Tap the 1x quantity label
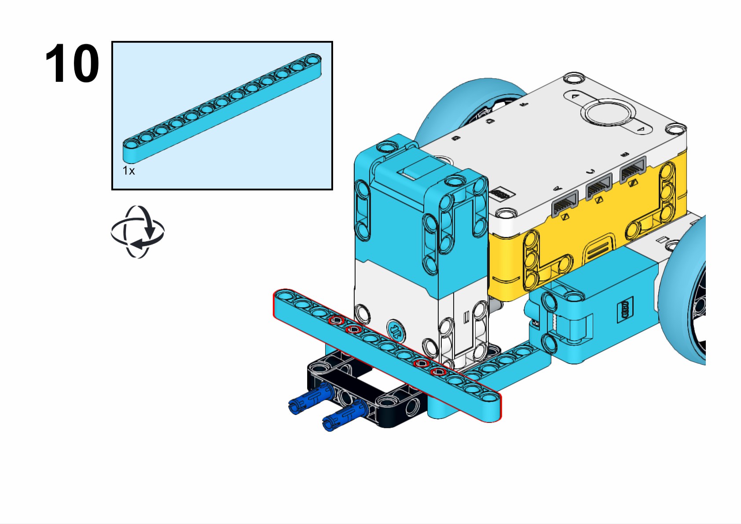click(128, 171)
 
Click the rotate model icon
click(137, 232)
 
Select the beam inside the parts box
click(222, 108)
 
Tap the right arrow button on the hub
click(640, 129)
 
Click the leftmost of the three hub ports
click(565, 204)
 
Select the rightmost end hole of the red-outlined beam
click(489, 397)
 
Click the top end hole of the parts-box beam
click(313, 59)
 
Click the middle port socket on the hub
click(598, 187)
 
